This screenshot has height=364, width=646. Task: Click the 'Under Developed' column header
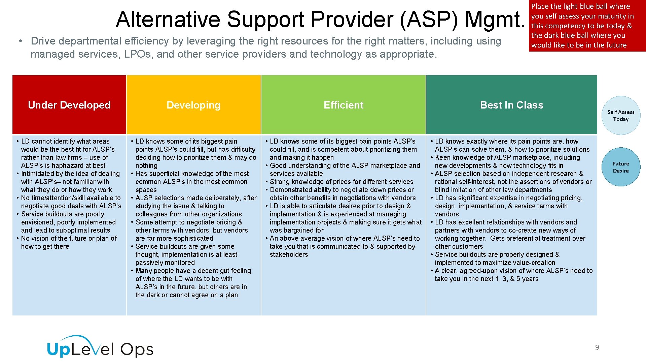69,105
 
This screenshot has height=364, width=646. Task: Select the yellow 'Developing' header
193,105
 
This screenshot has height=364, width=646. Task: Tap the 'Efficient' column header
343,105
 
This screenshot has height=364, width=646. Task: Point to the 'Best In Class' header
511,105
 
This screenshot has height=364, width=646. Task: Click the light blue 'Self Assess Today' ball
621,116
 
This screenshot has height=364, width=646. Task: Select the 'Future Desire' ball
621,167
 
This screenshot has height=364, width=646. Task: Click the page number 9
597,347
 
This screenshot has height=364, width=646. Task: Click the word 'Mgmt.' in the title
495,19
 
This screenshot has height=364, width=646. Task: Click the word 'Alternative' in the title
168,19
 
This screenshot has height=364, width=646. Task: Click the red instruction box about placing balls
587,26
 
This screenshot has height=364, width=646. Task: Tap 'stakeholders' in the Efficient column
289,254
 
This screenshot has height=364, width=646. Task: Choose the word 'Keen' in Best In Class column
443,157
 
